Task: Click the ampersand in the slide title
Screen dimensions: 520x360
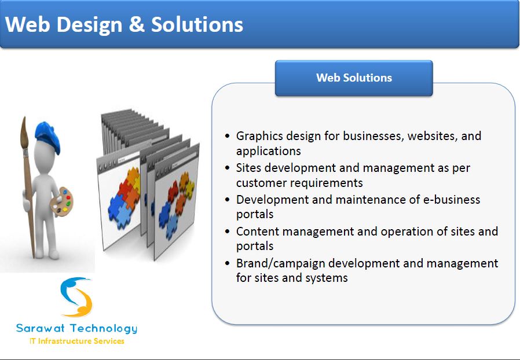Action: [x=137, y=24]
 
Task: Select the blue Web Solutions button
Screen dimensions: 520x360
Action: [x=354, y=78]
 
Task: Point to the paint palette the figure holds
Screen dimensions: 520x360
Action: [x=62, y=201]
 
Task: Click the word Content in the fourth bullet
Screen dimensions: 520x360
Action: [x=258, y=232]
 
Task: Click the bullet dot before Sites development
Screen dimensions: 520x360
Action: [x=227, y=168]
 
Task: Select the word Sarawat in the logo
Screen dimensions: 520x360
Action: [x=40, y=328]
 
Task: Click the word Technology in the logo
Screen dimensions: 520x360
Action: [x=104, y=329]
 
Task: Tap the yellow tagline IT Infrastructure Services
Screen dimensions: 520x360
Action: [x=77, y=341]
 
